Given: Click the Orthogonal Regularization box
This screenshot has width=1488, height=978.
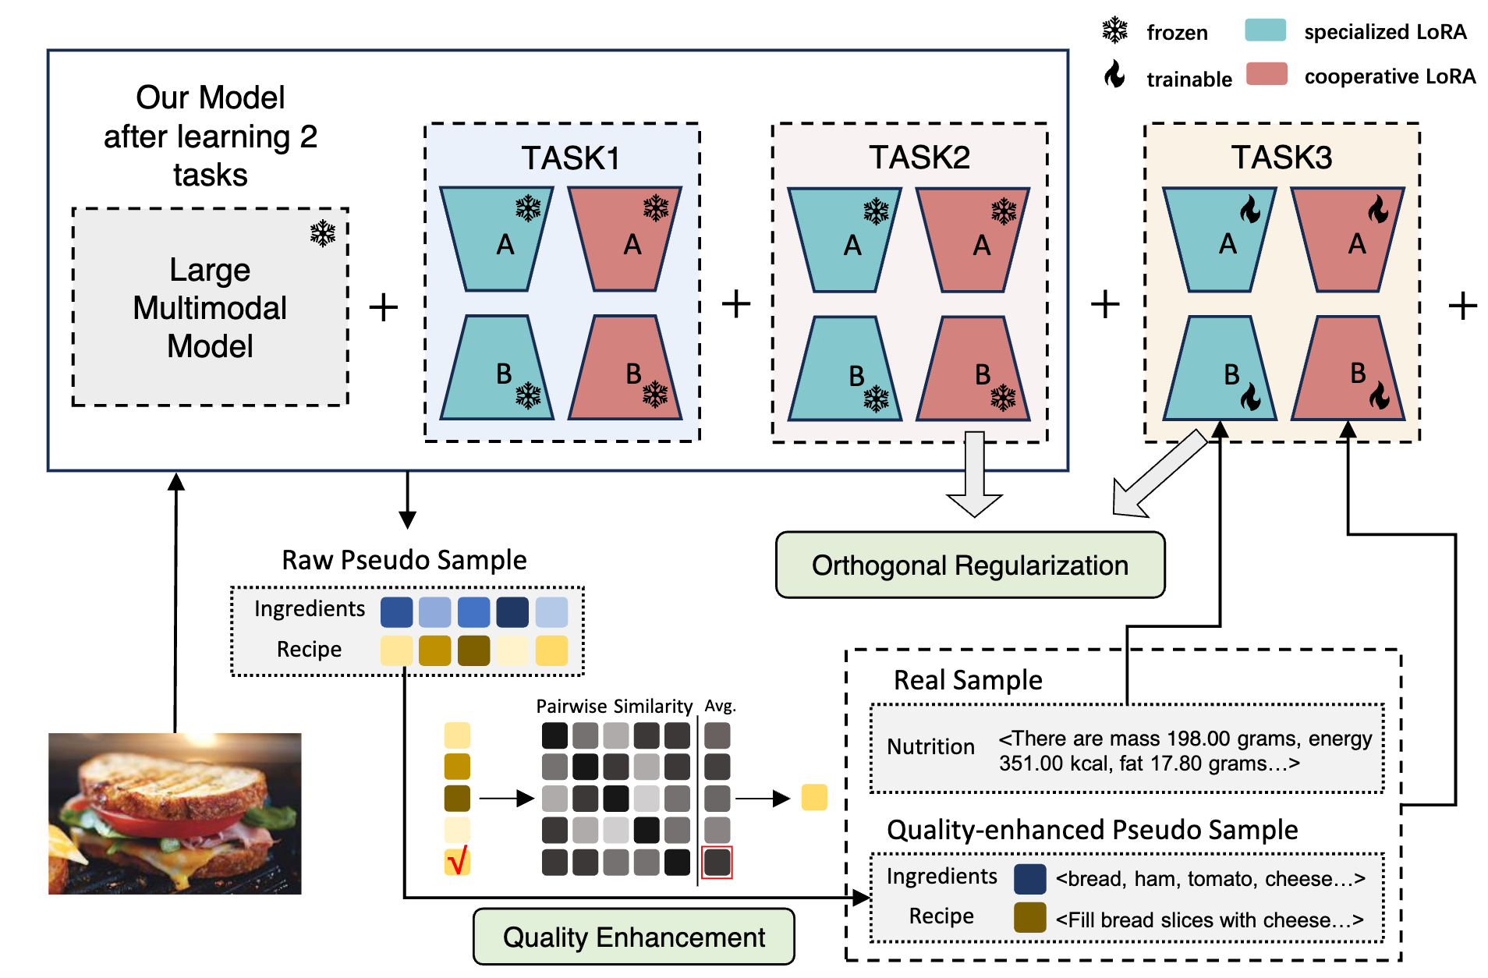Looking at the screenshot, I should pos(970,565).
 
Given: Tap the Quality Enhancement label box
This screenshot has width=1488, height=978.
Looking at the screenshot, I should pos(633,937).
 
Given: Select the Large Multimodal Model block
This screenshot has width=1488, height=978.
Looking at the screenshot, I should pos(210,307).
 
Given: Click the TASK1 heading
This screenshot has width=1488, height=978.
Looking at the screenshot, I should pos(570,158).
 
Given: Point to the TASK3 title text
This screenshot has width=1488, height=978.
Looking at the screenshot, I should pos(1281,158).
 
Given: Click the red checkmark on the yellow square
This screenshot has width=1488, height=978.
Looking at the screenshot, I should pos(458,861).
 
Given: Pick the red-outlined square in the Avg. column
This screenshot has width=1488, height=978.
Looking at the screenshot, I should pos(717,863).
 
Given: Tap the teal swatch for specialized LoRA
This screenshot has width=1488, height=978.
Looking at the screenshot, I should pos(1265,31).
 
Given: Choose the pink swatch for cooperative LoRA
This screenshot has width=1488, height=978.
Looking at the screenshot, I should pos(1266,75).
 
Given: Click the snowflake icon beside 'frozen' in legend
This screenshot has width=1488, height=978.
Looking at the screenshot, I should pos(1115,30).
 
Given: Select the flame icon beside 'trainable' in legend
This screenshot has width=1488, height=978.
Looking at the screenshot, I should pos(1114,75).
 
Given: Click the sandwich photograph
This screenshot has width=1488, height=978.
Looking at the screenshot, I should pos(175,813).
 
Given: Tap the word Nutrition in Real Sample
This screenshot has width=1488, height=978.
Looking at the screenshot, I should pos(930,747).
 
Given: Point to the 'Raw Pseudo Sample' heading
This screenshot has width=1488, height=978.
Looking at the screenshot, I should pos(404,560).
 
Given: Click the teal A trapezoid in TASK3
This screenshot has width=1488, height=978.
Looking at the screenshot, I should pos(1219,239).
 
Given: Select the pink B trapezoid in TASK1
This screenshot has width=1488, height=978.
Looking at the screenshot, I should pos(625,368).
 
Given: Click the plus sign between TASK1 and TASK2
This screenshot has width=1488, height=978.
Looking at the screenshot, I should pos(735,304).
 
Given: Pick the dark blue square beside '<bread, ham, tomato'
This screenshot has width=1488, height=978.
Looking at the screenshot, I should pos(1029,879).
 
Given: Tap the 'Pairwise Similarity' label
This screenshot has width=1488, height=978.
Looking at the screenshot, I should pos(614,707).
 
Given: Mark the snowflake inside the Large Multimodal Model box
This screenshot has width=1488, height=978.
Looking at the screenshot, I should pos(322,233).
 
